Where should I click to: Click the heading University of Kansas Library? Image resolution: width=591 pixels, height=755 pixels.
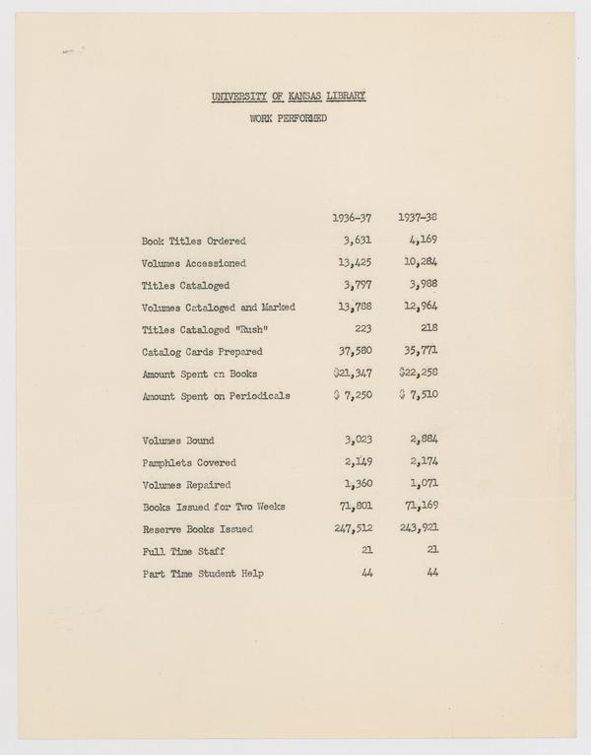coord(289,97)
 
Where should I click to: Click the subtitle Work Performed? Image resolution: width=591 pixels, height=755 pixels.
coord(290,121)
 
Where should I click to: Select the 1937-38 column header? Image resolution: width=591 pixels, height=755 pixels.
coord(419,217)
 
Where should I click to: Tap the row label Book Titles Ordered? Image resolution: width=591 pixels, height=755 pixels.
coord(194,240)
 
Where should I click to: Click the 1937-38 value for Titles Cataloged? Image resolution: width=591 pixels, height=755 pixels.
coord(421,285)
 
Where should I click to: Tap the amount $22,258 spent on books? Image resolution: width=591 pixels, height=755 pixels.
coord(418,374)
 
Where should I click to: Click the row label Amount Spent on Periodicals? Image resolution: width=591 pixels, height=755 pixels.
coord(216,396)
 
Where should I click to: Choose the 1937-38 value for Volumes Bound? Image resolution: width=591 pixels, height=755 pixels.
coord(421,441)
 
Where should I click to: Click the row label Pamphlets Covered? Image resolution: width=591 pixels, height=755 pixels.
coord(189,462)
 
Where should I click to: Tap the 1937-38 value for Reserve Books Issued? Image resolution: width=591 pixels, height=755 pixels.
coord(418,529)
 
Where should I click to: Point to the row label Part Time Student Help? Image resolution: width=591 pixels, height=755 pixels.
coord(203,574)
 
